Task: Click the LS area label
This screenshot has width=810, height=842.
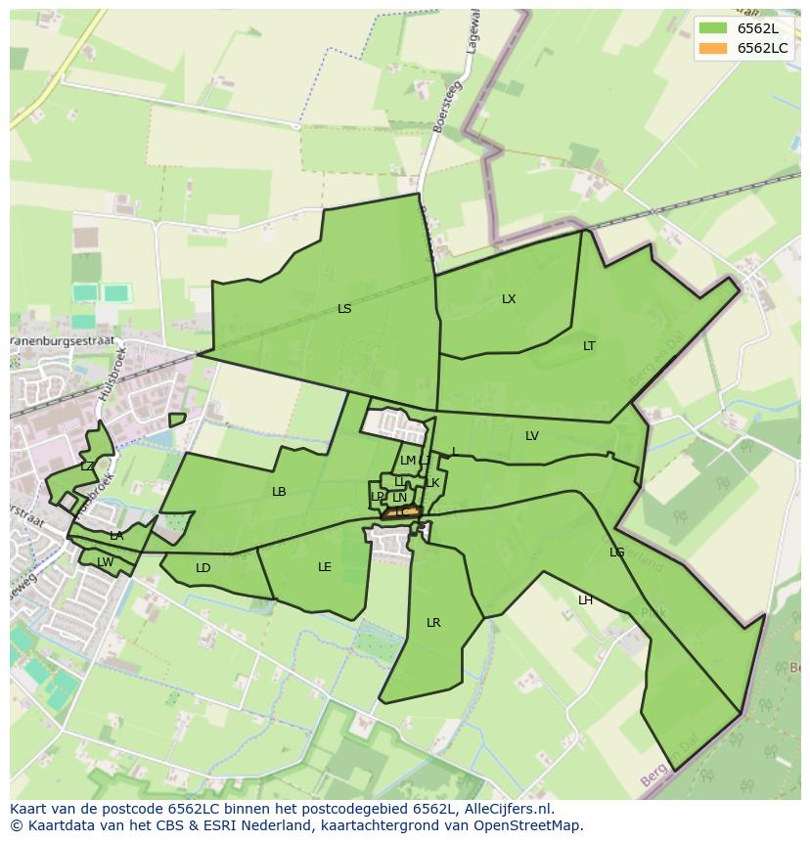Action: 344,309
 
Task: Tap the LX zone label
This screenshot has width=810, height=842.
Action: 509,299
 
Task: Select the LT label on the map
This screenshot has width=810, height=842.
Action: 589,346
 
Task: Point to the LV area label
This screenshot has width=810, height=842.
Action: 531,436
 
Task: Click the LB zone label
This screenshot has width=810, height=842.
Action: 279,492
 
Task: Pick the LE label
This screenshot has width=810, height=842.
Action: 325,567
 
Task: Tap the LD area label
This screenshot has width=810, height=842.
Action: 202,568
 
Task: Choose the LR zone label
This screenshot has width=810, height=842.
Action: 433,623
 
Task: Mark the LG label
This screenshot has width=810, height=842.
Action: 616,553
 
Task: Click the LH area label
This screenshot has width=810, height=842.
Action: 585,600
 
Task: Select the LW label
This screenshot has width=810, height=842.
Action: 105,562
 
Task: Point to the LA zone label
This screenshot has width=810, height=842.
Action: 116,536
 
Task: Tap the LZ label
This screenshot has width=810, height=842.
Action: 87,466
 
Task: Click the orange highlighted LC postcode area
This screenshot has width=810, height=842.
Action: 402,511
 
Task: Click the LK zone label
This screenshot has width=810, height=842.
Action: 432,483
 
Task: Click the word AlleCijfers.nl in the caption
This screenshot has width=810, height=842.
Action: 504,809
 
